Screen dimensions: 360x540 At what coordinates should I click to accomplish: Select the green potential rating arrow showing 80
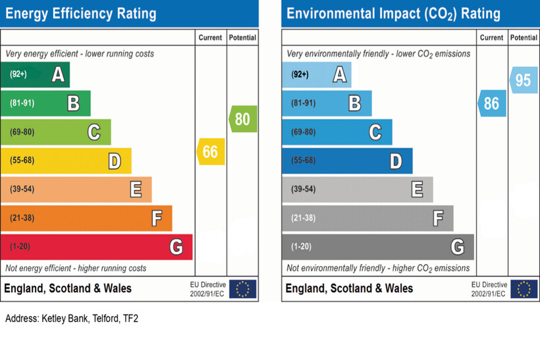[x=244, y=119]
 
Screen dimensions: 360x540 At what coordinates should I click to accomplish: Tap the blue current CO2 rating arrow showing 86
[x=492, y=103]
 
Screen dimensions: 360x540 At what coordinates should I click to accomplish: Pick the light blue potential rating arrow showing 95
[x=524, y=80]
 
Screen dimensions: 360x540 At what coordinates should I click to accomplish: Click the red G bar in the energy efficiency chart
[x=96, y=247]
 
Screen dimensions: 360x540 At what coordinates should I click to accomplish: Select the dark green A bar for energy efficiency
[x=34, y=75]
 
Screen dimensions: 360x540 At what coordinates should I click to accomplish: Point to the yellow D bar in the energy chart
[x=65, y=161]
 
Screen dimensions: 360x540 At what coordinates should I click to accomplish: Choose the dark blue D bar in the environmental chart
[x=346, y=161]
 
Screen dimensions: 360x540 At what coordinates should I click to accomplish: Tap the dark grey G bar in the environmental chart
[x=377, y=247]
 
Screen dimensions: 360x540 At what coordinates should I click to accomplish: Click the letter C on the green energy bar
[x=94, y=132]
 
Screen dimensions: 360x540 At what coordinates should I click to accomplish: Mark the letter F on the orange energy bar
[x=157, y=218]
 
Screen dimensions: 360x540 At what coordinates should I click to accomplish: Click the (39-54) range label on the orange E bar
[x=22, y=190]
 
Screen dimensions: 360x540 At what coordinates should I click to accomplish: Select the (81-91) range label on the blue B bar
[x=303, y=103]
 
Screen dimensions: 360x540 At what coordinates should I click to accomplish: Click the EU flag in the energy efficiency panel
[x=242, y=289]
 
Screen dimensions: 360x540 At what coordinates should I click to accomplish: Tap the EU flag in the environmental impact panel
[x=524, y=289]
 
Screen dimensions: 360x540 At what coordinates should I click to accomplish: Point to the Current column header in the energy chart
[x=211, y=38]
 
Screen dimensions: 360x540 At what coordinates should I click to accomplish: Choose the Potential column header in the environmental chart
[x=524, y=38]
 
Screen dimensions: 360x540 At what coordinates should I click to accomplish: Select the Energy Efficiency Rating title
[x=81, y=13]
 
